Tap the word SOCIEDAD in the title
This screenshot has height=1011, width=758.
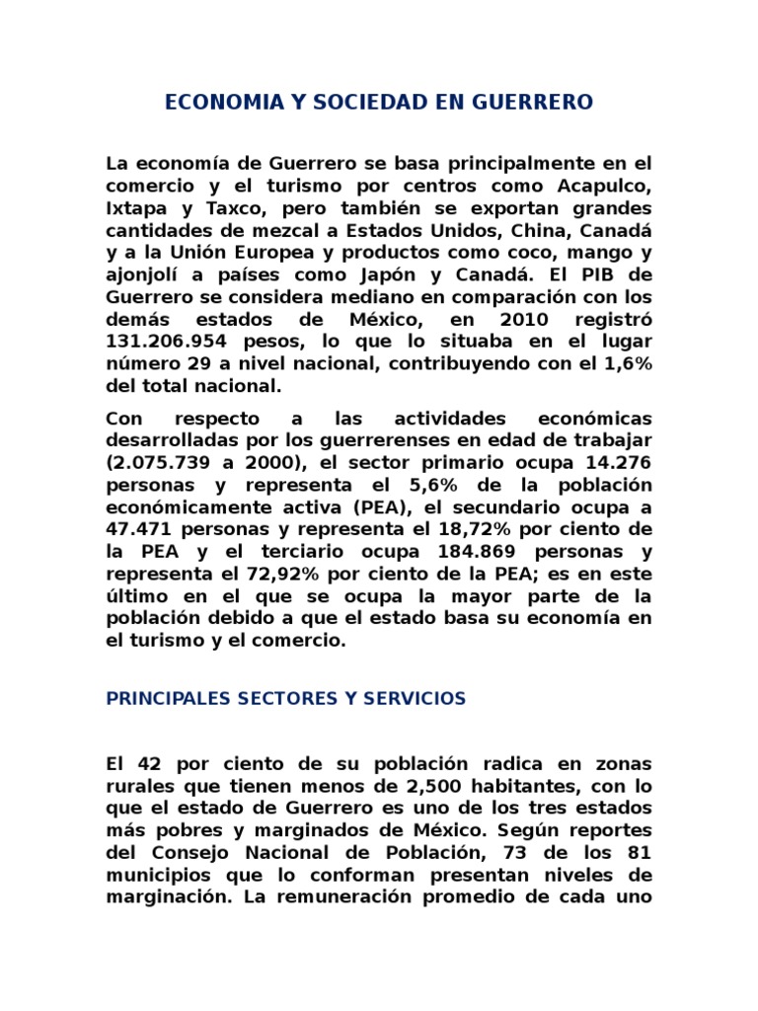(x=366, y=103)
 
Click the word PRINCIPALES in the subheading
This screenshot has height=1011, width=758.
(x=168, y=699)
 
